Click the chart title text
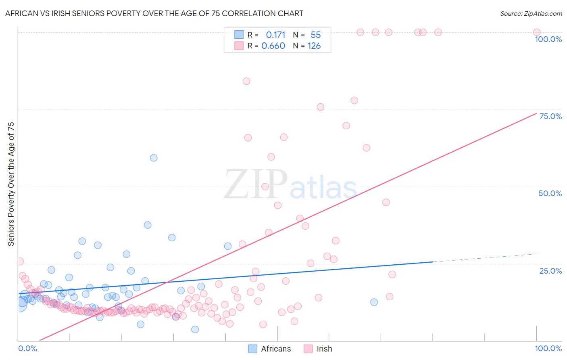point(154,13)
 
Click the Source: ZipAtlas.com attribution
point(531,13)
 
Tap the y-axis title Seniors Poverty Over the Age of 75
point(11,184)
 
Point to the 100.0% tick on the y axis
point(548,39)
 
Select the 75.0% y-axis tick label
point(550,116)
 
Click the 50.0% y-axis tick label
point(550,193)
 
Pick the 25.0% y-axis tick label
point(550,271)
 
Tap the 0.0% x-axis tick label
point(27,348)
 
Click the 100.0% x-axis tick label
point(548,348)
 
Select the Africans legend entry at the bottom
point(269,349)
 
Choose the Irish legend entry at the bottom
point(318,349)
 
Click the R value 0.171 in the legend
point(275,35)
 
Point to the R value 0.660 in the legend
point(273,46)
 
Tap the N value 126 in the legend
point(314,46)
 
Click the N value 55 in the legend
point(315,35)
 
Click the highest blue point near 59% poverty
point(154,158)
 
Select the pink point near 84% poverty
point(246,81)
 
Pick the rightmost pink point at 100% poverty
point(537,32)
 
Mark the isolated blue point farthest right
point(374,302)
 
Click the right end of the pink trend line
point(536,113)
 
